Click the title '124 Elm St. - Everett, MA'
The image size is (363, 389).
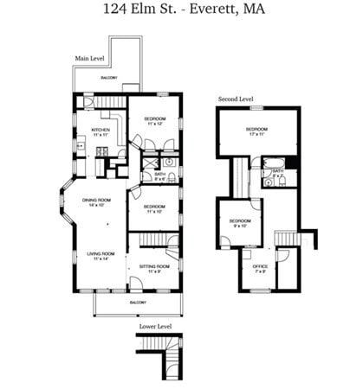(x=181, y=11)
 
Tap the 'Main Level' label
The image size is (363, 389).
(x=90, y=59)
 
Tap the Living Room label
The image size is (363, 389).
(x=101, y=256)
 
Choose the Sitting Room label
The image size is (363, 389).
(x=155, y=270)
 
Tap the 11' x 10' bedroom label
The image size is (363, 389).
(x=155, y=208)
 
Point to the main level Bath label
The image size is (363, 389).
(x=159, y=176)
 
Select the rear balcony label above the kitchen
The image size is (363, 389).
(x=108, y=79)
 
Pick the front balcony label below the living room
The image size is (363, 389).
(x=138, y=303)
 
